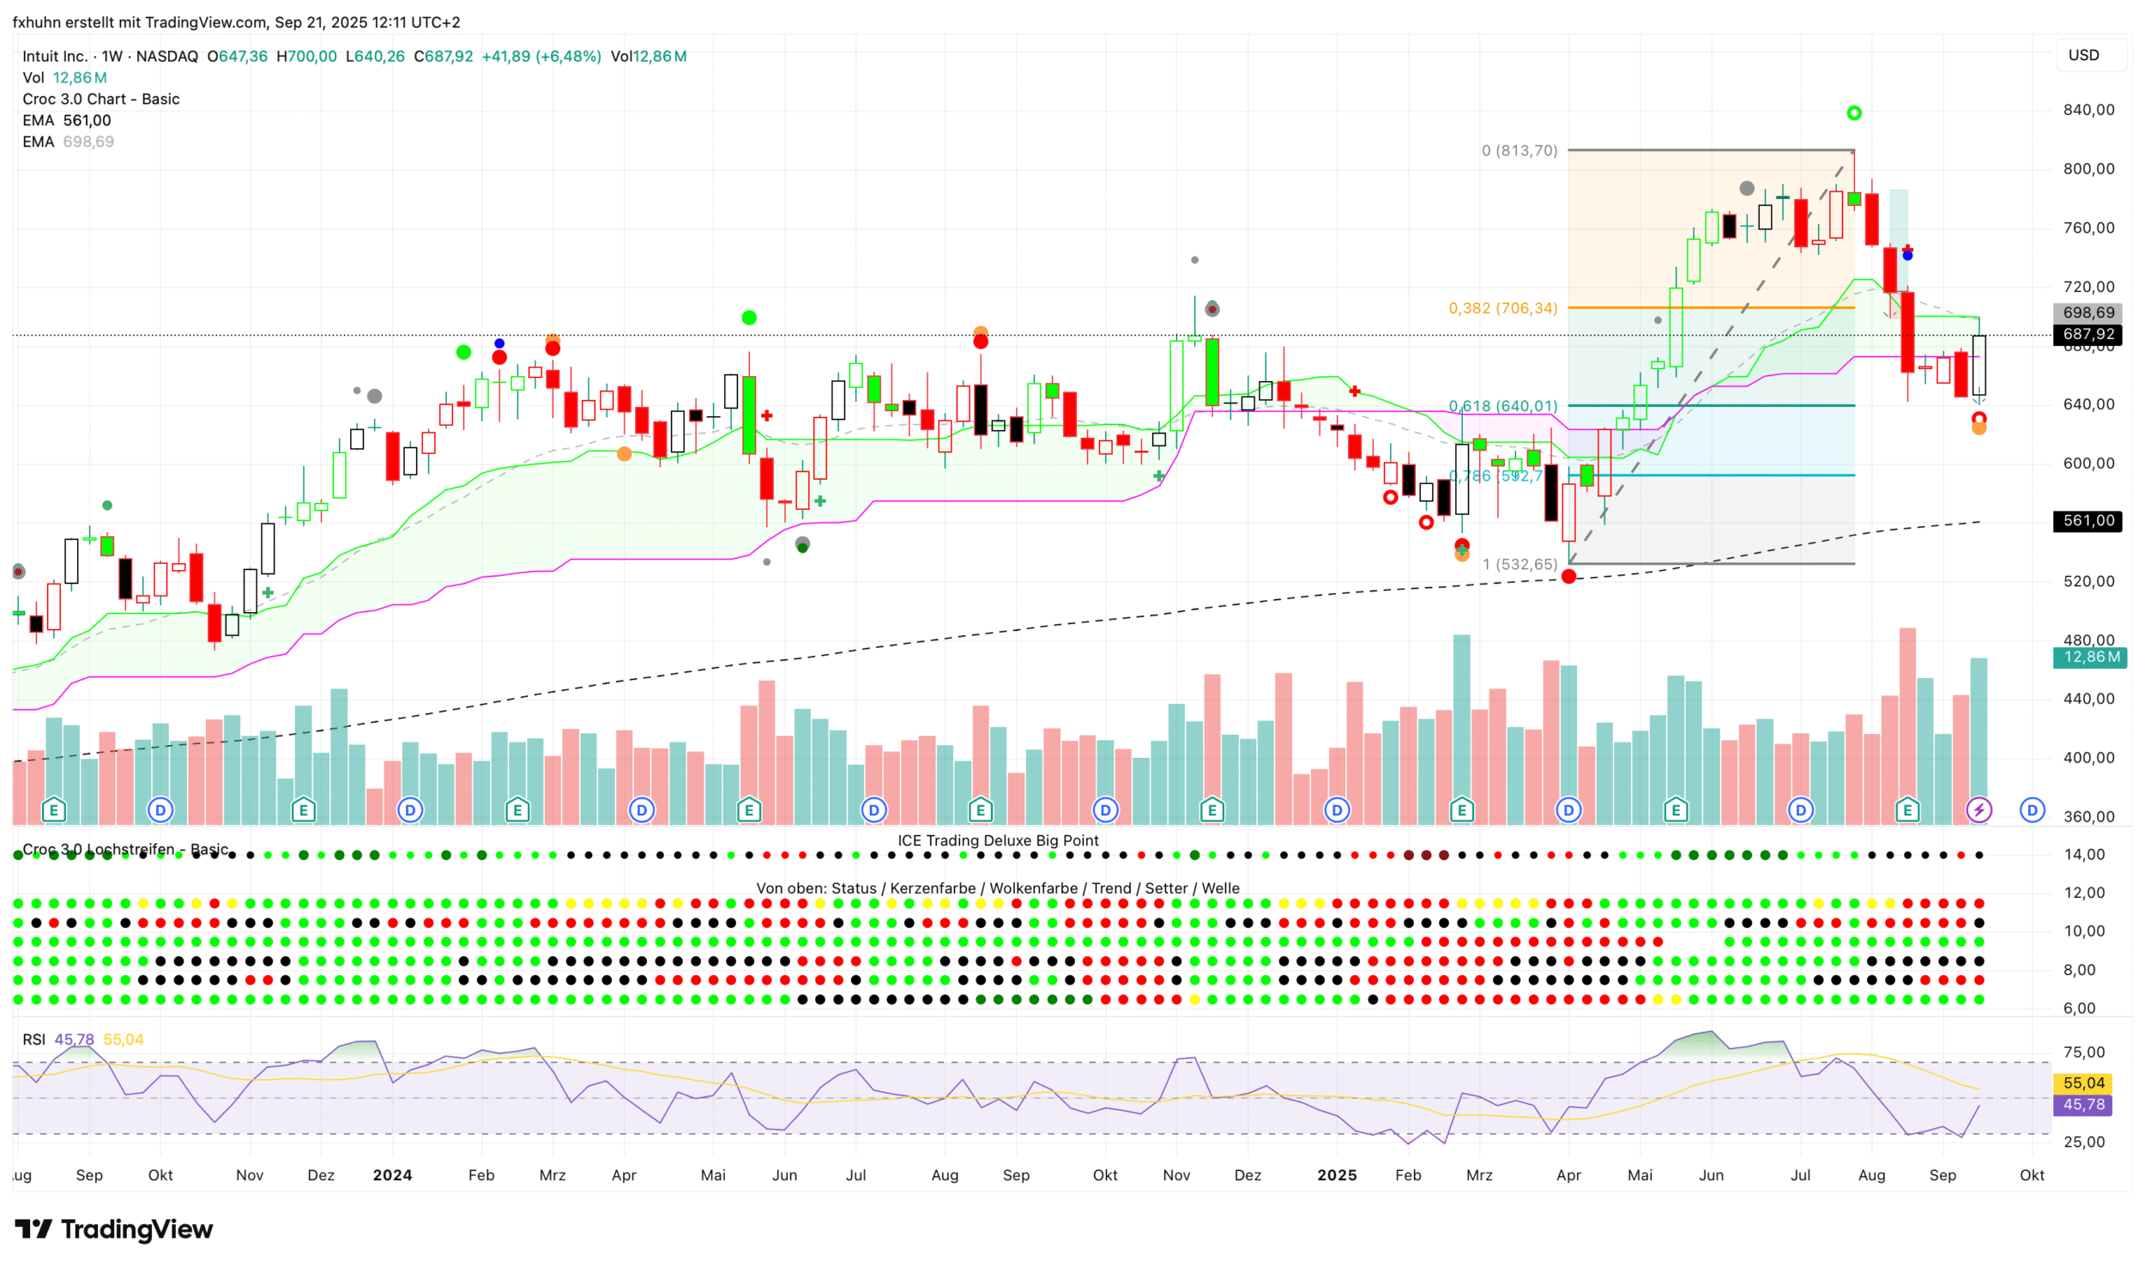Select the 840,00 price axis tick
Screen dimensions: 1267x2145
[x=2088, y=110]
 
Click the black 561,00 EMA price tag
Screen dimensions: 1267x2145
[x=2088, y=521]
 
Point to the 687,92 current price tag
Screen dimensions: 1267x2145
[x=2088, y=335]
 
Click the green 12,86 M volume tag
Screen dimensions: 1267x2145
[x=2090, y=658]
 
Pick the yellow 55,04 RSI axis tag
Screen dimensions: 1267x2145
[x=2083, y=1083]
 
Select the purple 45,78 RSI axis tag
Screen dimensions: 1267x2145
[x=2083, y=1105]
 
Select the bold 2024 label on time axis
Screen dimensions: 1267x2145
[x=392, y=1176]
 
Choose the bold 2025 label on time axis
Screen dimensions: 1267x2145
[x=1337, y=1176]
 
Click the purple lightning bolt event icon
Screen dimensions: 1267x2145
[x=1979, y=809]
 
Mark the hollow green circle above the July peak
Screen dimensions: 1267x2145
[x=1854, y=113]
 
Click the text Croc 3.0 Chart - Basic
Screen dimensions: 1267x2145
[x=101, y=100]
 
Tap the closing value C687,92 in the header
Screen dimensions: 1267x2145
[x=444, y=57]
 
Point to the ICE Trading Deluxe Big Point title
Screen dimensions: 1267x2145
[x=998, y=841]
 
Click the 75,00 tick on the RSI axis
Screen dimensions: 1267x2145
[x=2084, y=1052]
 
